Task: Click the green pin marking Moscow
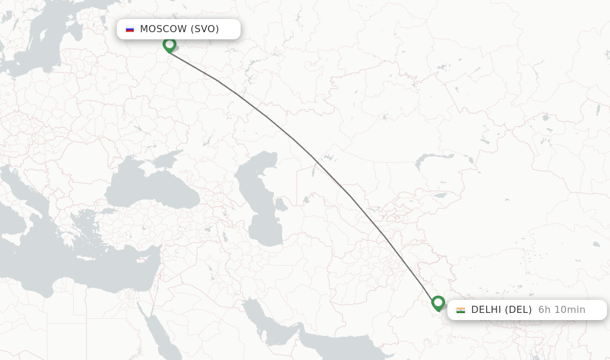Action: coord(169,45)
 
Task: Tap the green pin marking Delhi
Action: coord(438,303)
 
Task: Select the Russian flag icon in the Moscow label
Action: coord(130,29)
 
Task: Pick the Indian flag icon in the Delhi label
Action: coord(460,310)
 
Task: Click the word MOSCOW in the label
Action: coord(163,29)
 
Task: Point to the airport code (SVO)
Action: coord(204,29)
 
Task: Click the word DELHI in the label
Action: coord(486,310)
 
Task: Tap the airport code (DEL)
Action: coord(518,310)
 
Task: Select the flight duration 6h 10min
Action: coord(562,310)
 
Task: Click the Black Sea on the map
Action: coord(149,191)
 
